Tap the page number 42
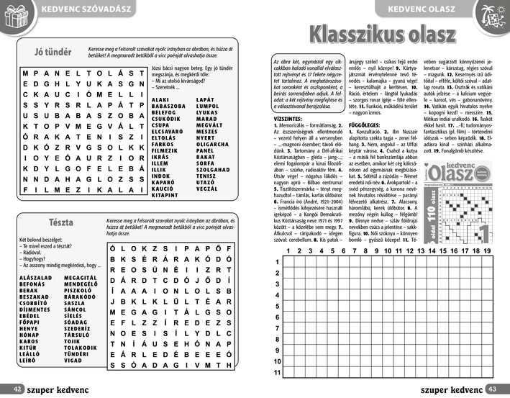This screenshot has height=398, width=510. click(x=9, y=389)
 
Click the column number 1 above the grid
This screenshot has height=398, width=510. click(x=290, y=251)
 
